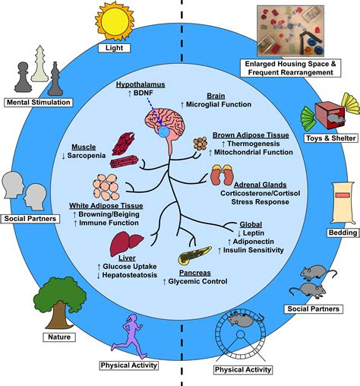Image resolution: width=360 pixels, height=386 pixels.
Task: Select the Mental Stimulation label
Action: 38,102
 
